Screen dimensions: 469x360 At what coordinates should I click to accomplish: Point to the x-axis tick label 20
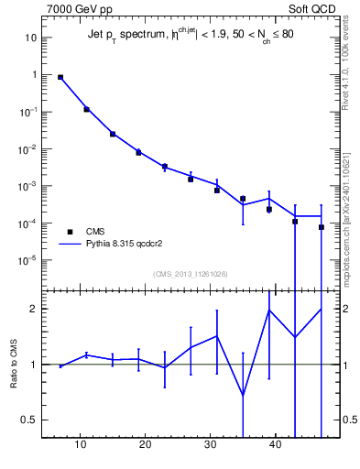pyautogui.click(x=146, y=445)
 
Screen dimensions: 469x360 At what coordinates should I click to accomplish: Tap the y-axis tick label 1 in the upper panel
pyautogui.click(x=34, y=75)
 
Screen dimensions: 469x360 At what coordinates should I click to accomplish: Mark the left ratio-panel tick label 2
pyautogui.click(x=33, y=309)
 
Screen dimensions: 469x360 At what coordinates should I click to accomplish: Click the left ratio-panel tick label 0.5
pyautogui.click(x=29, y=420)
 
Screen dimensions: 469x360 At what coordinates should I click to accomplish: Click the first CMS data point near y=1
pyautogui.click(x=60, y=78)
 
